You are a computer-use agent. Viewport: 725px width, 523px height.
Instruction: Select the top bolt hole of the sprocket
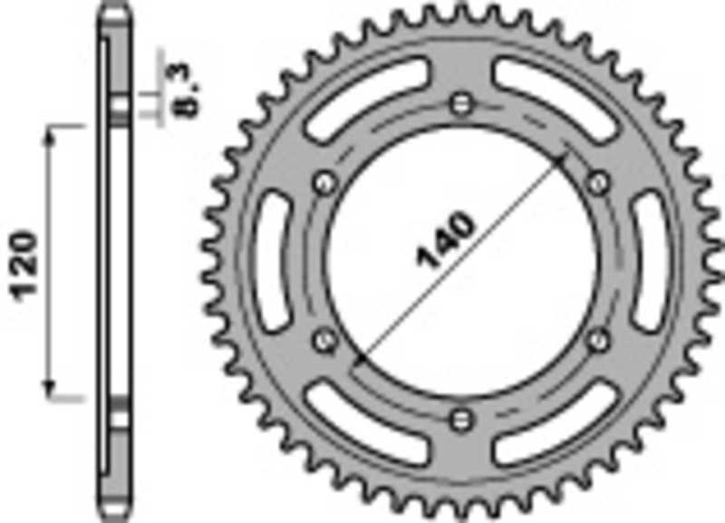tap(462, 101)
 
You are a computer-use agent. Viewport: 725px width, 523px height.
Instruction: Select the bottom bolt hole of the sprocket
tap(462, 418)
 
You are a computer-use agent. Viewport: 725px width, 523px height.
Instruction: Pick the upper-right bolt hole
tap(598, 182)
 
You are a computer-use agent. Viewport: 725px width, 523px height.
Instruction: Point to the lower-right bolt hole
tap(598, 339)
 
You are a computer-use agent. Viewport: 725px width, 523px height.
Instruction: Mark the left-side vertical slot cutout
tap(271, 263)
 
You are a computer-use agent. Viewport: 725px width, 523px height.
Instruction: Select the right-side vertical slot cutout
tap(652, 263)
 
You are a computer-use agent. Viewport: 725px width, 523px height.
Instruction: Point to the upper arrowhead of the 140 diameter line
tap(562, 160)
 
